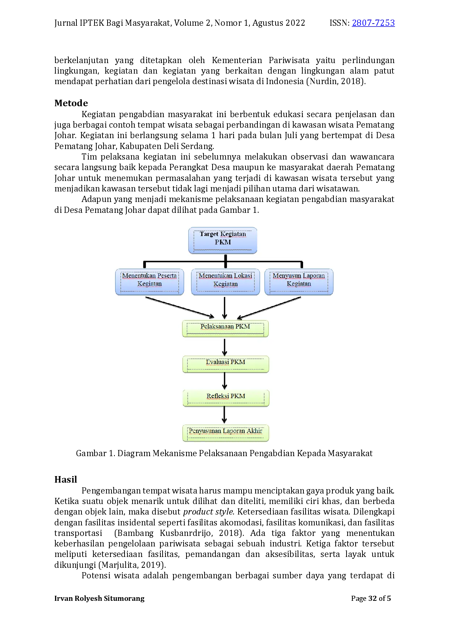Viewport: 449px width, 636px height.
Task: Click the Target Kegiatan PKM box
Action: (x=222, y=240)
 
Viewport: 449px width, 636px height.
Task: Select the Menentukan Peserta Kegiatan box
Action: (x=150, y=282)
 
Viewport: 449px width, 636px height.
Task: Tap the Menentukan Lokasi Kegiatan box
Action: (x=225, y=282)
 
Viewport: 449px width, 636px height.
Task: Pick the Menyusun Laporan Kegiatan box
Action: (x=299, y=282)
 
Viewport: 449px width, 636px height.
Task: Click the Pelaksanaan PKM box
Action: (x=225, y=329)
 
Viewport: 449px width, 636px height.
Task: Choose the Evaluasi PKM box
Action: (x=226, y=364)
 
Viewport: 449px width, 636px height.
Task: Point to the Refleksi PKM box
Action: (x=226, y=398)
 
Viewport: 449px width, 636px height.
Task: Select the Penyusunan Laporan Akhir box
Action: (x=226, y=433)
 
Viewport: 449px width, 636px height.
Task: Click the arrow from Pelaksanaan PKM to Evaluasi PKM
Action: (x=224, y=347)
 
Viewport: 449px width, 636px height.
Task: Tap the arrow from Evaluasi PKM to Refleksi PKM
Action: (x=224, y=381)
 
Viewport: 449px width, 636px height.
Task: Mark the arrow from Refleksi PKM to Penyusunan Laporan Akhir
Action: (x=224, y=415)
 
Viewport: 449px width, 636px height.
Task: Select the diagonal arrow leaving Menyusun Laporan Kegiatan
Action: (x=269, y=308)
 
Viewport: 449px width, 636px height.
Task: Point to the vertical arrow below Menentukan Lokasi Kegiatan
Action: (x=224, y=308)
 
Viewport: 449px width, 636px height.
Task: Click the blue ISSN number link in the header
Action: (x=373, y=23)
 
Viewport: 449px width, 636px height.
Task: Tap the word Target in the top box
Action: (x=209, y=234)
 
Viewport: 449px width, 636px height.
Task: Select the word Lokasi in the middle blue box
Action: (x=243, y=276)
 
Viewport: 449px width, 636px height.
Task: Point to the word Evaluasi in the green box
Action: (x=217, y=362)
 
